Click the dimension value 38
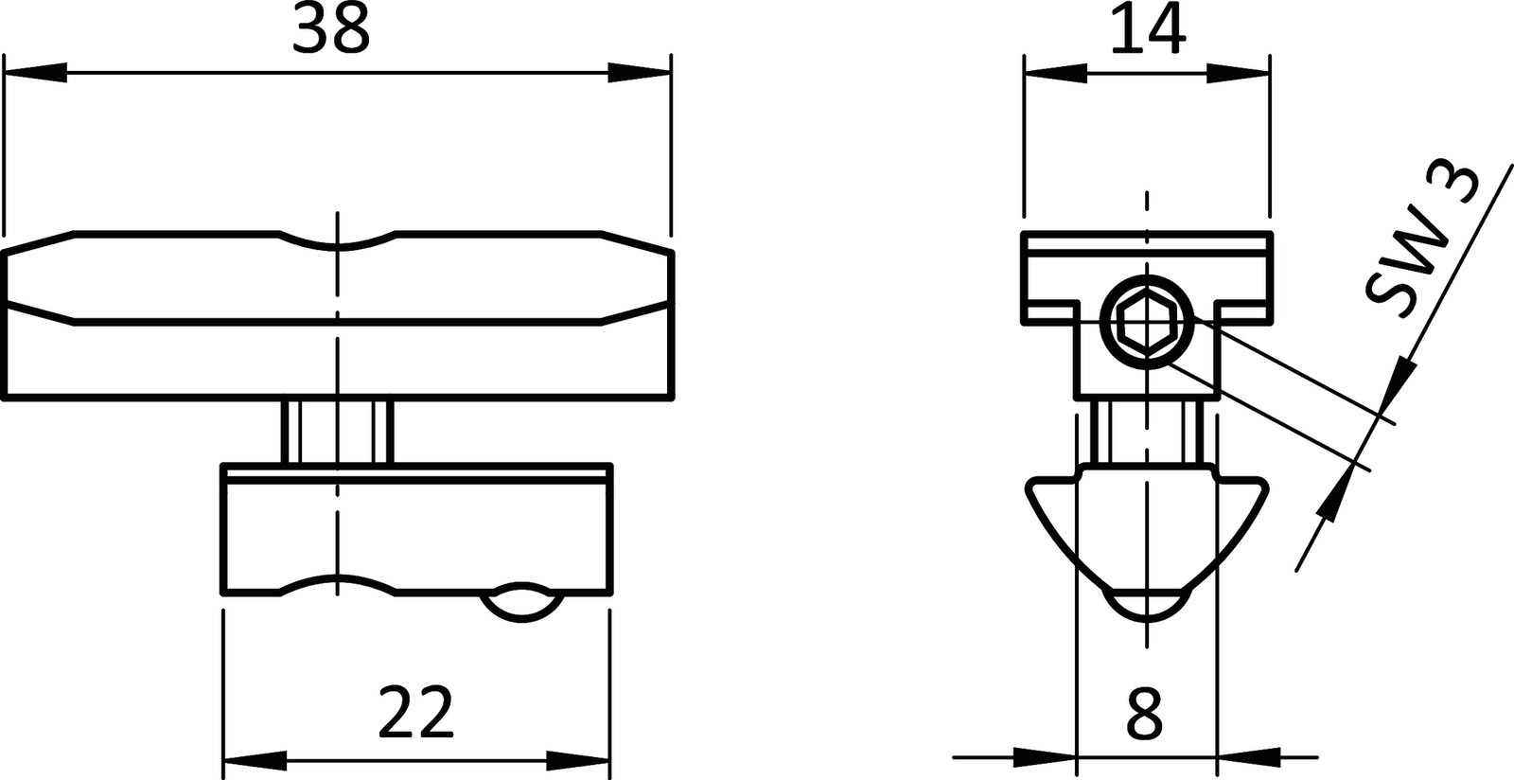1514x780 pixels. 330,30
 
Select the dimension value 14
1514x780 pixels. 1146,30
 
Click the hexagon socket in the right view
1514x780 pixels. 1146,325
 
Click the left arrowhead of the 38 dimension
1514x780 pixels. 34,73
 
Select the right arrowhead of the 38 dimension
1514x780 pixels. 640,73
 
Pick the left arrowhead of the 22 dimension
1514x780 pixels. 253,759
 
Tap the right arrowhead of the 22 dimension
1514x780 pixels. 577,759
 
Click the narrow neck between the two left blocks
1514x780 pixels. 337,432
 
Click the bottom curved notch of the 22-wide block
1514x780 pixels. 337,583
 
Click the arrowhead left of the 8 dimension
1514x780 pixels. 1046,757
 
